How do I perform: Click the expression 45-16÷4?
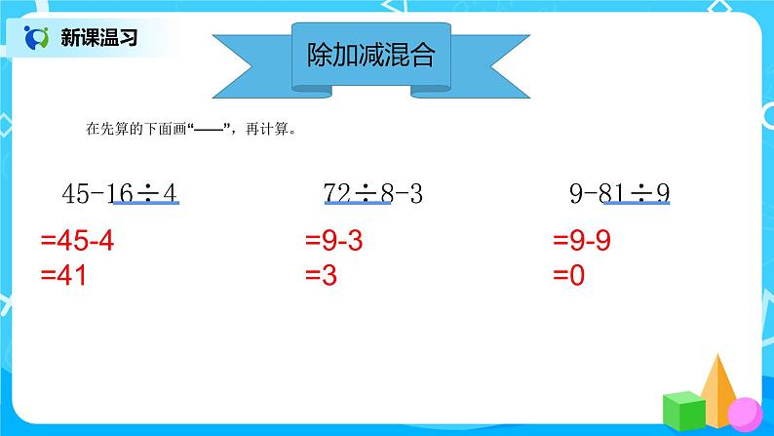tap(119, 193)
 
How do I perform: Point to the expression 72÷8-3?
tap(371, 193)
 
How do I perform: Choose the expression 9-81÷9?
tap(620, 193)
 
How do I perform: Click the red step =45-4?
tap(77, 242)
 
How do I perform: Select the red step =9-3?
tap(334, 242)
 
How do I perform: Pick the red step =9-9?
tap(583, 242)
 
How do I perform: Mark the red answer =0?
tap(569, 276)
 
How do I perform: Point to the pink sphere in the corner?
tap(746, 411)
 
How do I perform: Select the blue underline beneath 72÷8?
tap(352, 206)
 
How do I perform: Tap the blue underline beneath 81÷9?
tap(639, 206)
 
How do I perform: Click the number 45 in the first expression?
tap(75, 193)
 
